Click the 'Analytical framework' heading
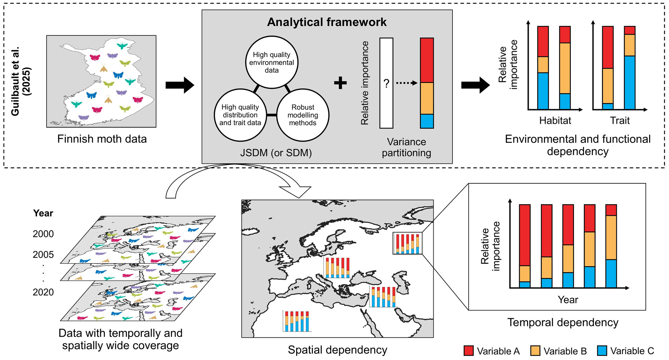pyautogui.click(x=327, y=22)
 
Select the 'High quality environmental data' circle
pyautogui.click(x=271, y=63)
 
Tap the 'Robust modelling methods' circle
pyautogui.click(x=302, y=115)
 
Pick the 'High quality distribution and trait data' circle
pyautogui.click(x=240, y=115)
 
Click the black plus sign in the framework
pyautogui.click(x=340, y=83)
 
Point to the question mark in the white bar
pyautogui.click(x=386, y=83)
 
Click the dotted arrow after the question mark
pyautogui.click(x=407, y=83)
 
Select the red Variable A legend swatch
pyautogui.click(x=468, y=351)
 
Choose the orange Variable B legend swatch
pyautogui.click(x=535, y=351)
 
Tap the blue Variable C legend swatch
pyautogui.click(x=602, y=351)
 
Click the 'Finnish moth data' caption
pyautogui.click(x=102, y=139)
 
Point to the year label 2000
pyautogui.click(x=43, y=234)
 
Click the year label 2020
pyautogui.click(x=43, y=292)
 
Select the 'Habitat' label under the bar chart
pyautogui.click(x=555, y=121)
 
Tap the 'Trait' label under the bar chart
pyautogui.click(x=620, y=121)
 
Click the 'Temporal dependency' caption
pyautogui.click(x=563, y=323)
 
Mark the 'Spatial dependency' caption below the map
pyautogui.click(x=337, y=350)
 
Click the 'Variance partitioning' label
pyautogui.click(x=406, y=147)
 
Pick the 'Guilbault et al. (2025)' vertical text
pyautogui.click(x=21, y=81)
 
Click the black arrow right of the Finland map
pyautogui.click(x=180, y=85)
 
